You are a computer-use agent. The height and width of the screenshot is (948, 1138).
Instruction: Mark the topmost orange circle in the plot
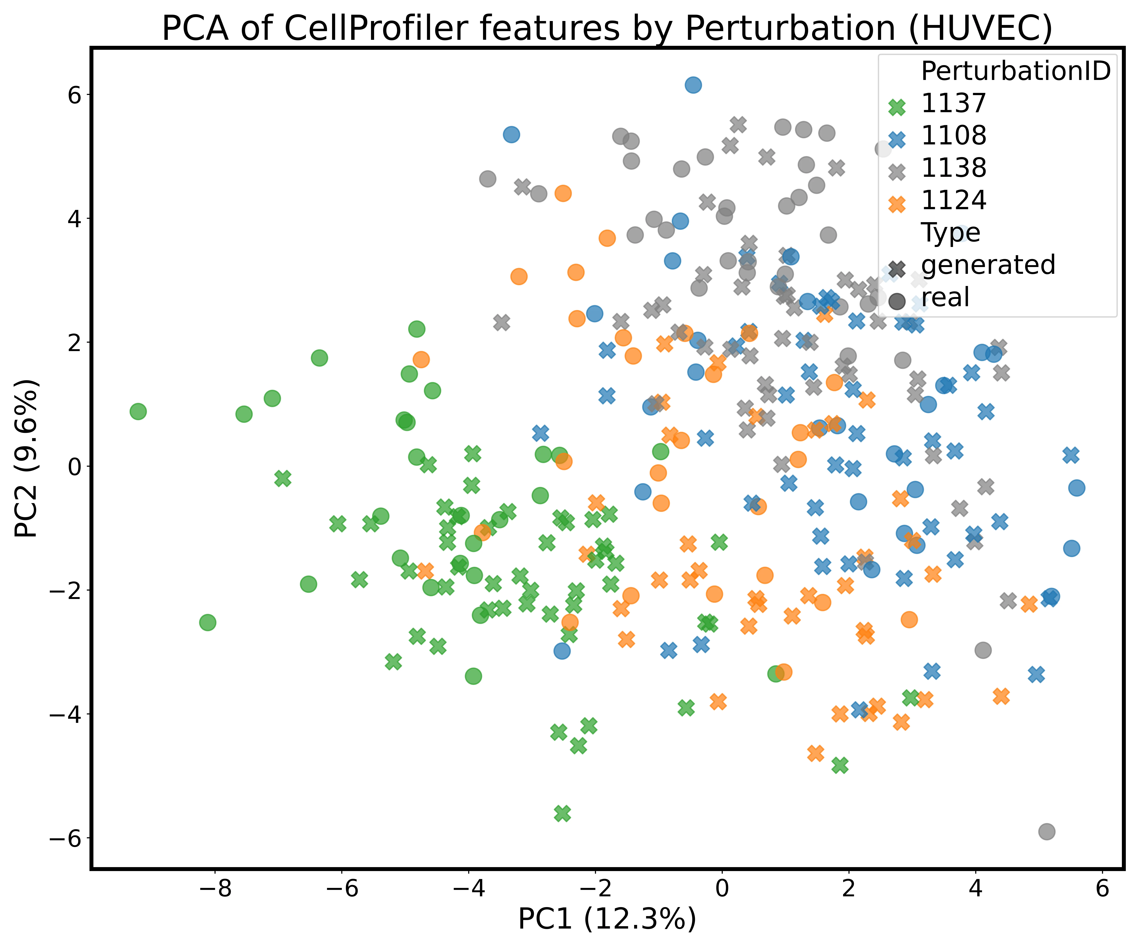pyautogui.click(x=563, y=193)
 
